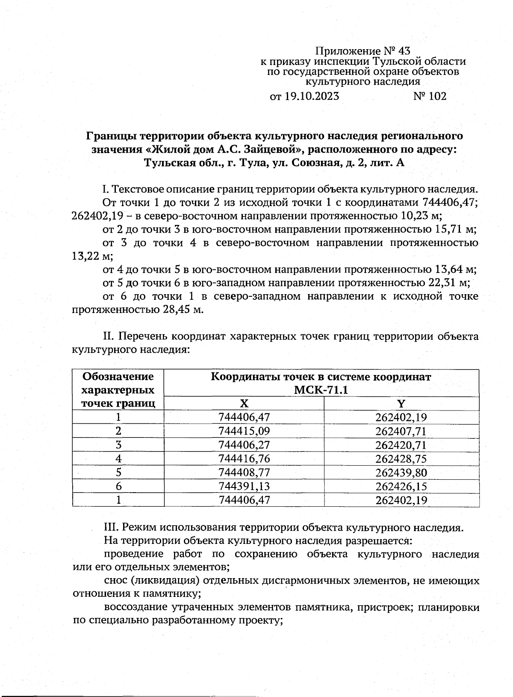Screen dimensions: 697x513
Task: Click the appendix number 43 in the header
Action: (x=403, y=51)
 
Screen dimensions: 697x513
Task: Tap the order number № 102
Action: (x=430, y=96)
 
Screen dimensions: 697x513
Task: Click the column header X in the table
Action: (x=244, y=404)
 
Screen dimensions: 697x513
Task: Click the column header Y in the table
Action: (x=401, y=404)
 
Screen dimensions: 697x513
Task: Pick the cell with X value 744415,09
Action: (x=244, y=431)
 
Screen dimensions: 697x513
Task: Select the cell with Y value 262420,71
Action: (x=401, y=445)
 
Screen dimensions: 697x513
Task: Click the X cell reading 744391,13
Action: (x=244, y=486)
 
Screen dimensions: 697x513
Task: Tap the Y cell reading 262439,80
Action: (x=401, y=473)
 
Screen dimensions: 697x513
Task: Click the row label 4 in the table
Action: (x=118, y=459)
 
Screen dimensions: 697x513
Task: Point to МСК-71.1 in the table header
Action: (x=321, y=390)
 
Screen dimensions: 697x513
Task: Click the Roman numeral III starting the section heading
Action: (x=111, y=527)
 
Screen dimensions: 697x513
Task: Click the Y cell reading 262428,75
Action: (x=401, y=459)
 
